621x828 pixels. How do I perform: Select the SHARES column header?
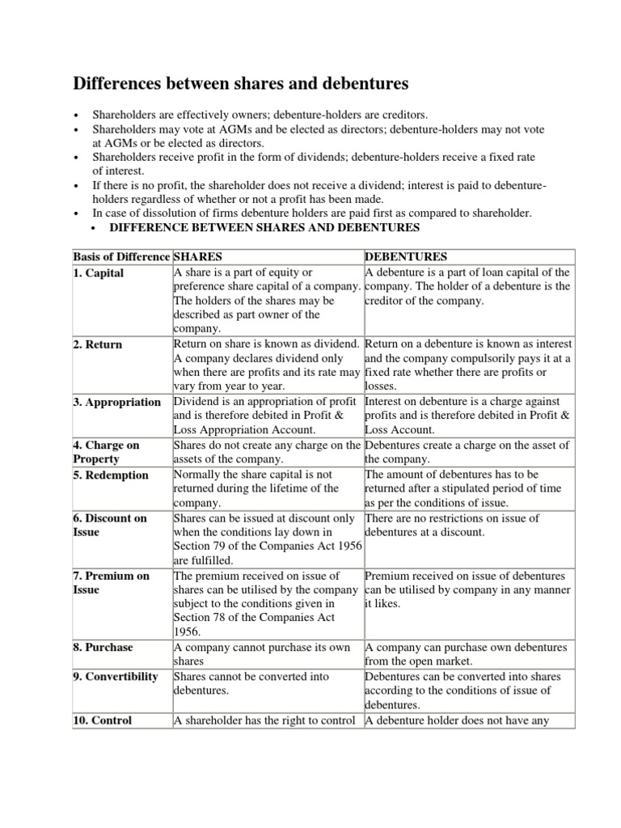coord(198,257)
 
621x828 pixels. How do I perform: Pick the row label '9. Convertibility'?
coord(116,677)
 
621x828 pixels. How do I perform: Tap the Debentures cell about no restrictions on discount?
coord(452,525)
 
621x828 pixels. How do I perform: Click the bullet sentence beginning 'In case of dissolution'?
coord(312,213)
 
